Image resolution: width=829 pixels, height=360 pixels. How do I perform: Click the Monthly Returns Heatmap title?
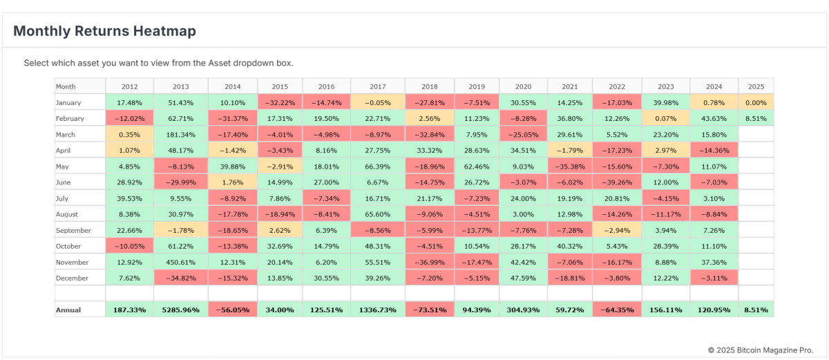[104, 31]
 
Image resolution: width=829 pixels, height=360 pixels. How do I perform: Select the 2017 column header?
[377, 86]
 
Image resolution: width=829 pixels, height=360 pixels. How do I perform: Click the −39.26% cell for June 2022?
[616, 182]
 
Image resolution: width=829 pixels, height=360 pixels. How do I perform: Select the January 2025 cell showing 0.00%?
[756, 103]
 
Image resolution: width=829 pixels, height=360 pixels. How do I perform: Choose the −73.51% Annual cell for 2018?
[429, 310]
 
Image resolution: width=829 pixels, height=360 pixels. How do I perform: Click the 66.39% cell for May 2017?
[377, 167]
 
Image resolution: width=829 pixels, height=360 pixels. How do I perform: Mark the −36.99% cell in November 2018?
[429, 263]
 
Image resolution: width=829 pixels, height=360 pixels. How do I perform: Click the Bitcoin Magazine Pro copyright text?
[761, 350]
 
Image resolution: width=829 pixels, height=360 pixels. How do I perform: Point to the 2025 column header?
[756, 86]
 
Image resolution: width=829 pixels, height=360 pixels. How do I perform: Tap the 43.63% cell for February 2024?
[714, 119]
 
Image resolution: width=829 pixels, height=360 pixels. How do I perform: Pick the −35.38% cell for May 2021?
[570, 167]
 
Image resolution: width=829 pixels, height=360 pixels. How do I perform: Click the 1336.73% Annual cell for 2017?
[377, 310]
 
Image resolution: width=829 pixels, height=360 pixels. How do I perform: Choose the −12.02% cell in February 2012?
[128, 119]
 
